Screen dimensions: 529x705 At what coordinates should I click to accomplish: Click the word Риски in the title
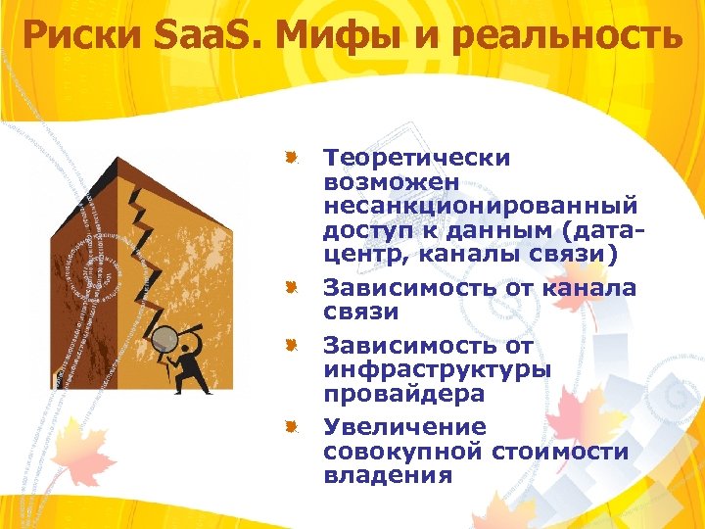coord(81,37)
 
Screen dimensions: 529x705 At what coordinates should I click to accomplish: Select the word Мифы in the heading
coord(325,37)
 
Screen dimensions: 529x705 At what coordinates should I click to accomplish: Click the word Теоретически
coord(417,159)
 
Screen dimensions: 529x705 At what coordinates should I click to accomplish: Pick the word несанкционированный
coord(481,207)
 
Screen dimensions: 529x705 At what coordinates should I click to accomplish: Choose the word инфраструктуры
coord(437,369)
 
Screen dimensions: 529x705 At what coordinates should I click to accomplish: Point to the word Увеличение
coord(404,427)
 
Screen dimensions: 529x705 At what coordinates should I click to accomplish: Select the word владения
coord(388,476)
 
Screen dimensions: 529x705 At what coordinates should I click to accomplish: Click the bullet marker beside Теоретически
coord(291,157)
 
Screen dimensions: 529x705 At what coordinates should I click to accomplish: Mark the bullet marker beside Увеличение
coord(291,426)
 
